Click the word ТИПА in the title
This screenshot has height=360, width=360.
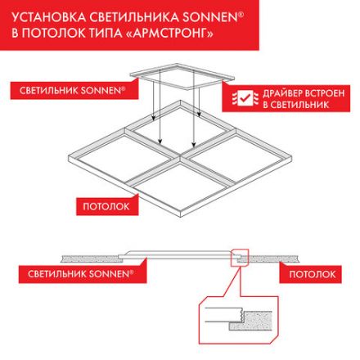[x=111, y=34]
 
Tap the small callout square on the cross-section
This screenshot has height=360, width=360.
[x=239, y=258]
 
